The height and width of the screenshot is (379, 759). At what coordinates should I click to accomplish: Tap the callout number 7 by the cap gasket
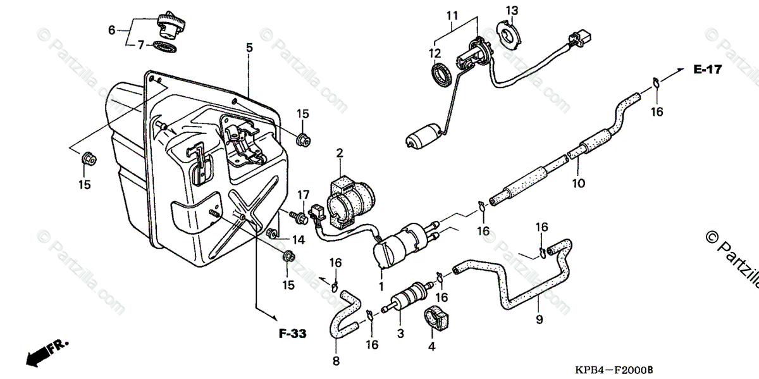[x=141, y=45]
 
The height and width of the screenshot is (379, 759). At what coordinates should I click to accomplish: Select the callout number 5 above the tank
[x=249, y=47]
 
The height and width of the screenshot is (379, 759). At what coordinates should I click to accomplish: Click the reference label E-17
[x=707, y=70]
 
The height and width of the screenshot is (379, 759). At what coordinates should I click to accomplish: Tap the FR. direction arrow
[x=47, y=350]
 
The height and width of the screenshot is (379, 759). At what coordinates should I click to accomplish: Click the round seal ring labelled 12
[x=441, y=75]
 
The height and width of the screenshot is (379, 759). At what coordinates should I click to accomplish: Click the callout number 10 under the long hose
[x=579, y=183]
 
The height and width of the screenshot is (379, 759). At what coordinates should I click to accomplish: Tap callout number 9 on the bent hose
[x=539, y=320]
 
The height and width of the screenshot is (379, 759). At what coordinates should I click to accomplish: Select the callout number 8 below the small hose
[x=336, y=362]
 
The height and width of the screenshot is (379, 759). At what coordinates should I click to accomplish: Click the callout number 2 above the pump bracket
[x=340, y=152]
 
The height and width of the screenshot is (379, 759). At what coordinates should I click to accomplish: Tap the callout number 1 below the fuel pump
[x=381, y=286]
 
